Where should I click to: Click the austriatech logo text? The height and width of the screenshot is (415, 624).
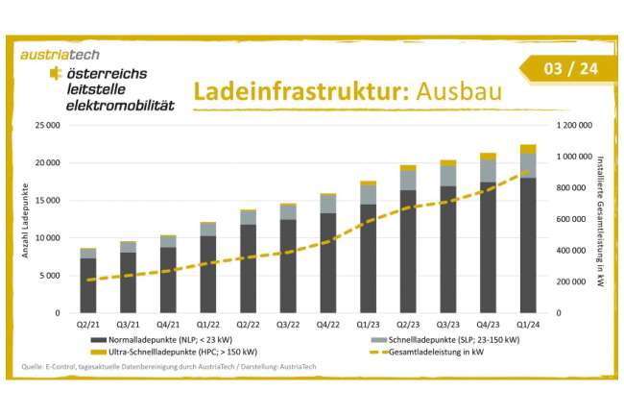(x=60, y=55)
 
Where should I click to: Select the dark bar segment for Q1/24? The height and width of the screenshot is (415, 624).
(x=528, y=245)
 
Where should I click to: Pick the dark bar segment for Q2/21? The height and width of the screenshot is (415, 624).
(x=88, y=285)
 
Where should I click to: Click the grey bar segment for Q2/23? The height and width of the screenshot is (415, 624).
(x=408, y=180)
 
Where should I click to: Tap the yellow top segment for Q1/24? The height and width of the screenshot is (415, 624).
(x=528, y=149)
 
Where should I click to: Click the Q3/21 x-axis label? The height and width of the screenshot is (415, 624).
(x=128, y=325)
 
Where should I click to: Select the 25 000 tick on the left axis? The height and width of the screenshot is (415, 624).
(x=47, y=126)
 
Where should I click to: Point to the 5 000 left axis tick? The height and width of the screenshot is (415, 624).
(x=50, y=276)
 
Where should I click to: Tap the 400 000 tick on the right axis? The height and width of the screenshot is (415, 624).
(x=572, y=251)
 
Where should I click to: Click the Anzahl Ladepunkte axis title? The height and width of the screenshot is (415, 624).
(x=26, y=219)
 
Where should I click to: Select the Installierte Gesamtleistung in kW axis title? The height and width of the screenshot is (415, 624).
(x=602, y=219)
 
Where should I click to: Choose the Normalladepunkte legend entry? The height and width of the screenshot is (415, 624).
(x=174, y=340)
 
